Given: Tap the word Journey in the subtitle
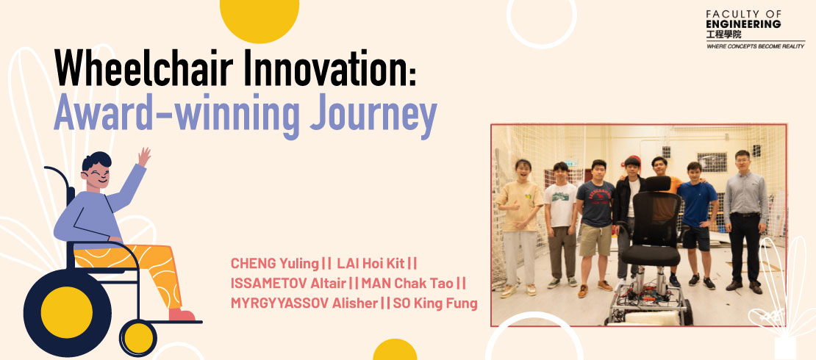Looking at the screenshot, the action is [373, 115].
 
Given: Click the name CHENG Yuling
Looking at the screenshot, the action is [274, 264].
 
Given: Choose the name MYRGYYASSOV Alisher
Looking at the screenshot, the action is [304, 303].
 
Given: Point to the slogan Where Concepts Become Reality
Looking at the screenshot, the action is [755, 46].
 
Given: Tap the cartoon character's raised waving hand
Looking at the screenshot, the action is [143, 156].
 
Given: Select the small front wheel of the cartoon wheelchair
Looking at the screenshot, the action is [138, 338].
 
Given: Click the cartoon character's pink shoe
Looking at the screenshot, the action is [182, 314].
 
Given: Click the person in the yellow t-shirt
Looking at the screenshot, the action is [518, 226].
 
